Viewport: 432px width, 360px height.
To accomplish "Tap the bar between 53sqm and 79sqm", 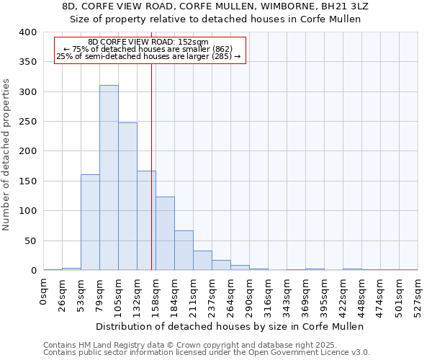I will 90,222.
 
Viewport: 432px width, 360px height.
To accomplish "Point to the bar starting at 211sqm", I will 202,261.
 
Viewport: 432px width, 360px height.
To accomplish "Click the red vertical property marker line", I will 151,180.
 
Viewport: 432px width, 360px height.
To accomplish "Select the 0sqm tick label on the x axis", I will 44,291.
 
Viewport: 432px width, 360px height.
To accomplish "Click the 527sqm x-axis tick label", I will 418,293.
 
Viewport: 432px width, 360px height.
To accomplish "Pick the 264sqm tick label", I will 231,293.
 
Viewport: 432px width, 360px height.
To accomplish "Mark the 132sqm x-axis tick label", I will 138,293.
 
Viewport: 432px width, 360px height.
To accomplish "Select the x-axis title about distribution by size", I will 230,326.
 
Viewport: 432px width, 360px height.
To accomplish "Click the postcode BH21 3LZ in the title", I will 348,6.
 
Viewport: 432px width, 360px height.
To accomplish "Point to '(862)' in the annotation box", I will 222,49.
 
